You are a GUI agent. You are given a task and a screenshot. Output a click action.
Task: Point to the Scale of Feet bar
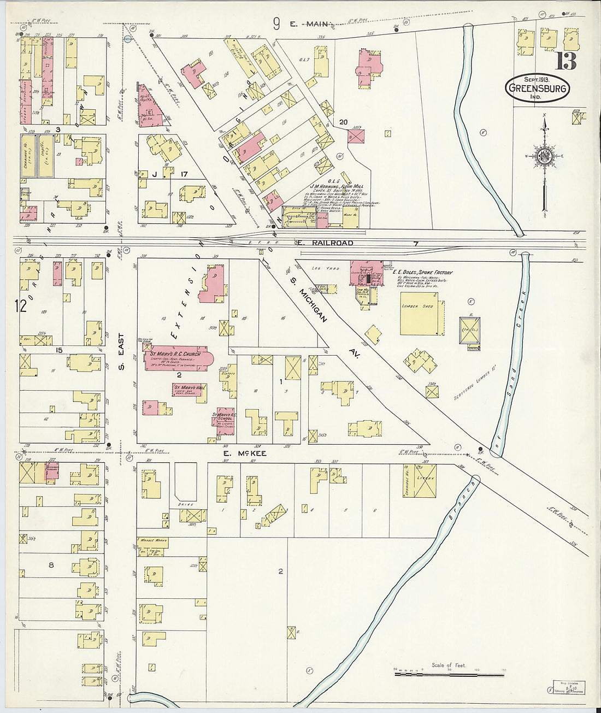point(449,675)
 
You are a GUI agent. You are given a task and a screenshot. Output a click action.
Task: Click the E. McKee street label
point(243,453)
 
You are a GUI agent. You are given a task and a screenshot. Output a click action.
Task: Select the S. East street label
point(121,351)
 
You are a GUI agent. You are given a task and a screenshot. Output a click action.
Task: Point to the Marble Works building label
point(152,540)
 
